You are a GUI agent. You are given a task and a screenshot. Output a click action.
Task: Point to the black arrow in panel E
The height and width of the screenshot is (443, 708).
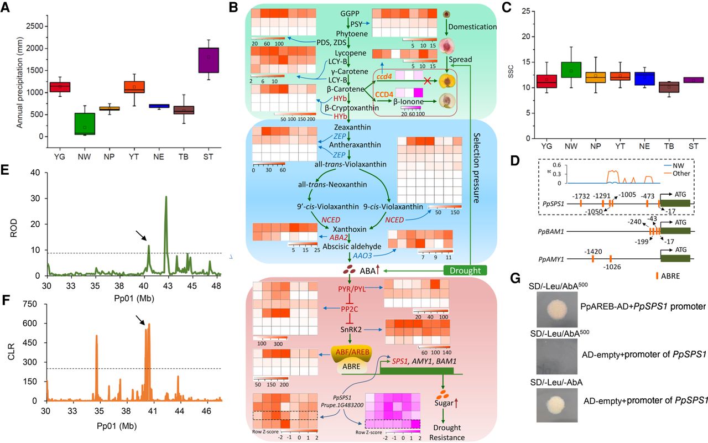point(142,237)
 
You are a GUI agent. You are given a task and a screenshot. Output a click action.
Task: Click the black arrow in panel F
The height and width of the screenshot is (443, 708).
point(141,317)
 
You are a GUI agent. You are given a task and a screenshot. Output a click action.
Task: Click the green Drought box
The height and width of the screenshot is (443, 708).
point(465,270)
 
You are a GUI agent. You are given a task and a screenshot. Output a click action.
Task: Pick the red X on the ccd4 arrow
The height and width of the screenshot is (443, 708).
point(426,81)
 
